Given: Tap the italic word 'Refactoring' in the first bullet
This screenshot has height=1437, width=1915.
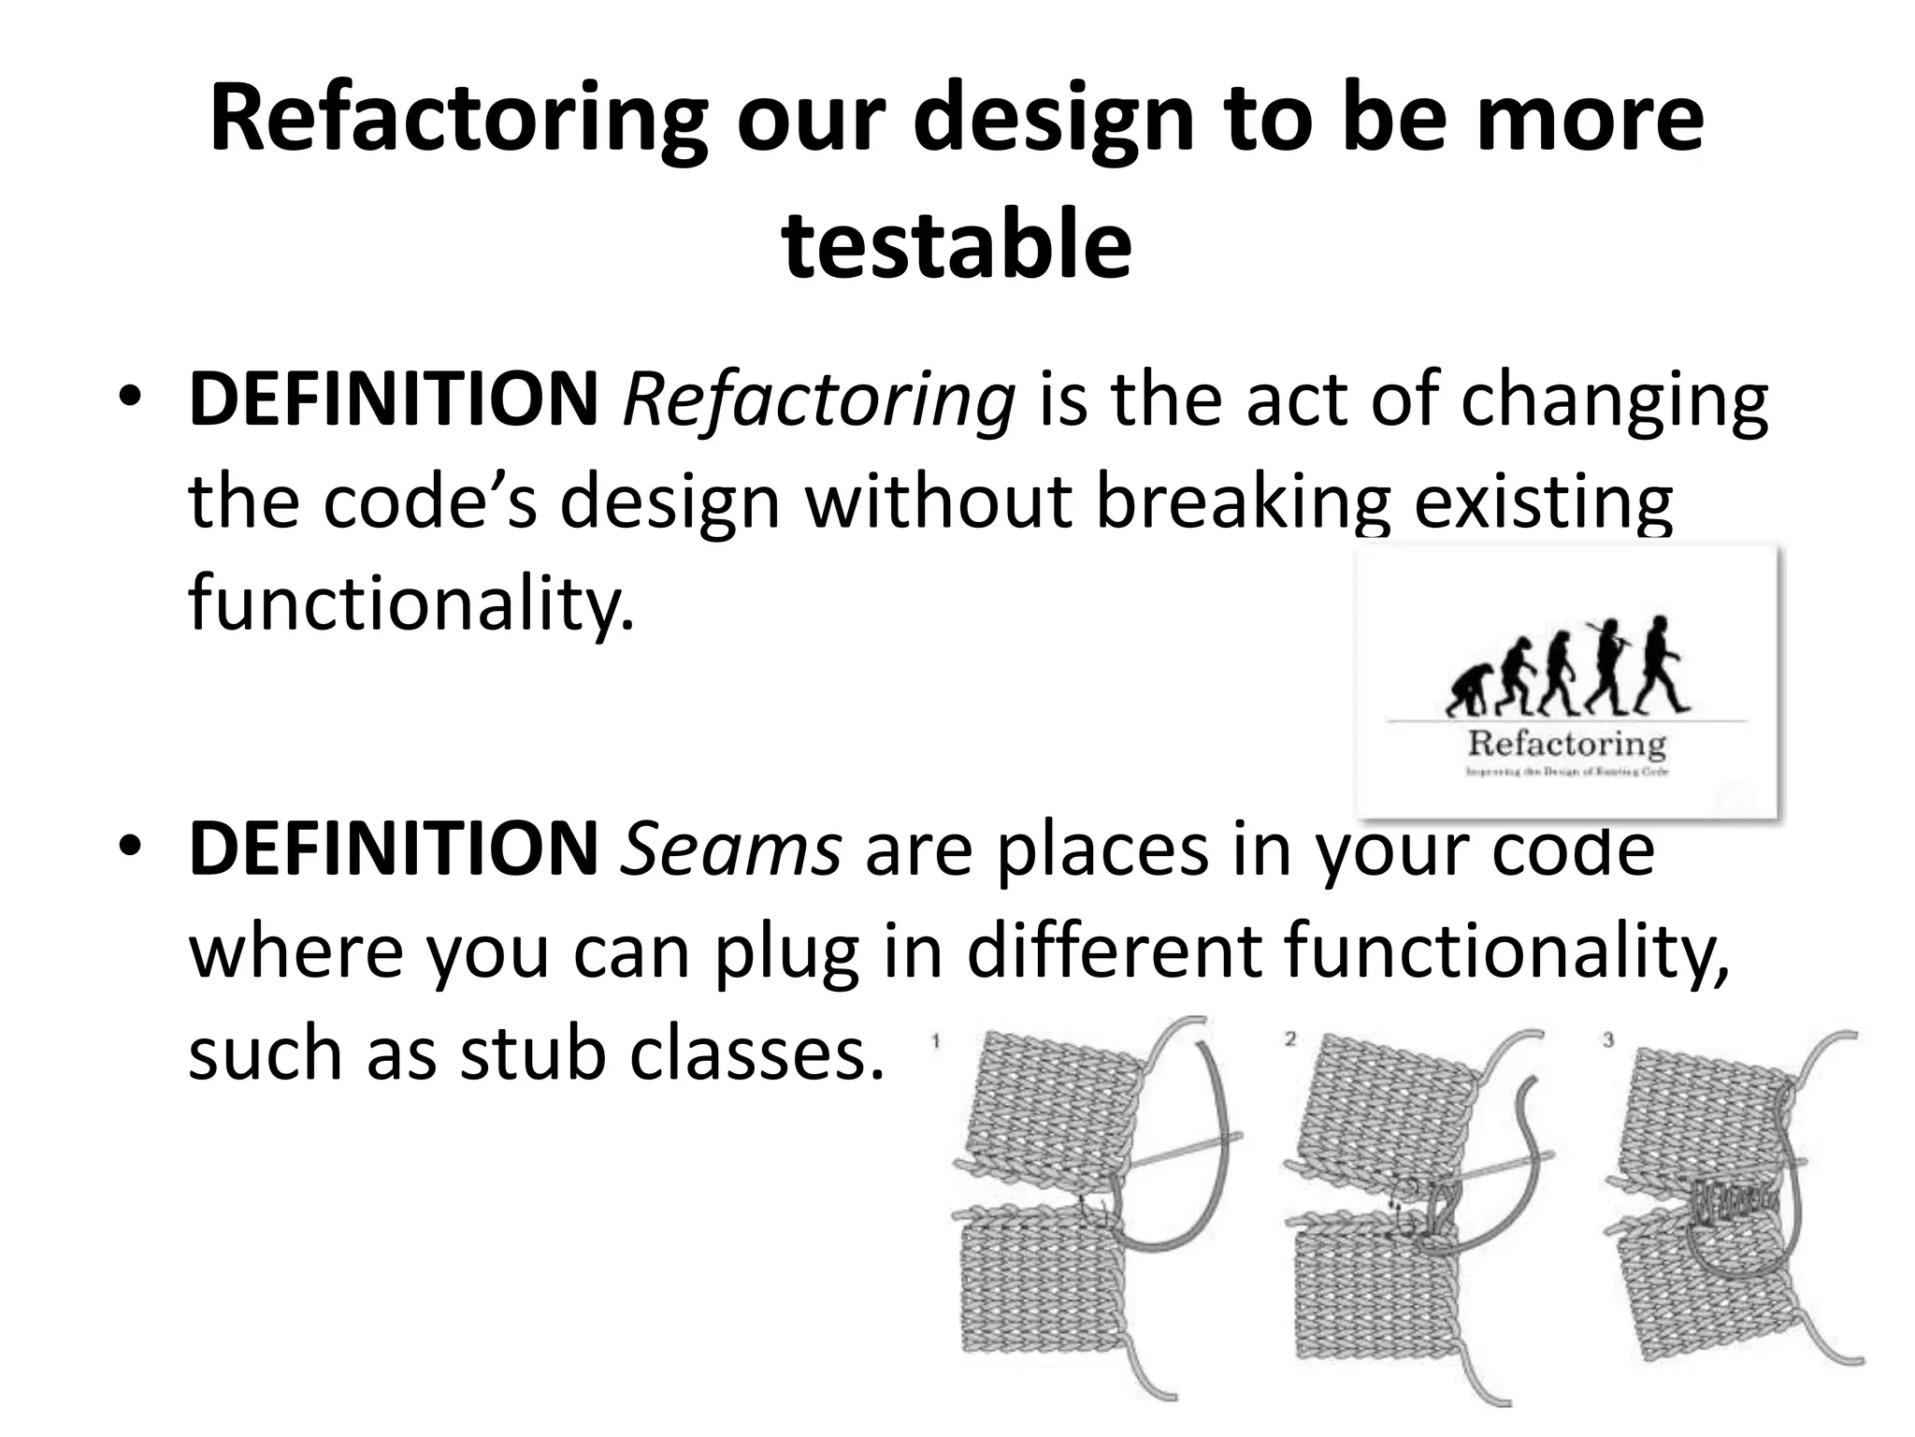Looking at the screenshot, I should tap(818, 400).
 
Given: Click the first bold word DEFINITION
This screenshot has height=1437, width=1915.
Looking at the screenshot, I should tap(394, 400).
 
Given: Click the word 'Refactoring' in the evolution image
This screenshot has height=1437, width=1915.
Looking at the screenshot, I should tap(1567, 744).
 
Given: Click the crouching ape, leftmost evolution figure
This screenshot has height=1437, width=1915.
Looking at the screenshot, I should tap(1465, 690).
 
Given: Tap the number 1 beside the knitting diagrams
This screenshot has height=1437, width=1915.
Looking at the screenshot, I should tap(936, 1040).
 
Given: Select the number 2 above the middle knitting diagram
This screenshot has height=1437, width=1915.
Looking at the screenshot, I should tap(1291, 1039).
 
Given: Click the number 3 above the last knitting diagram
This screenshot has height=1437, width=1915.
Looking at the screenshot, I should tap(1608, 1040).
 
